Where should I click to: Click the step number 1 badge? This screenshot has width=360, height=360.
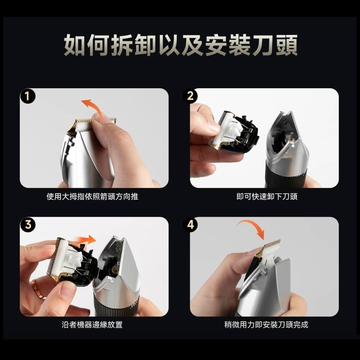[27, 96]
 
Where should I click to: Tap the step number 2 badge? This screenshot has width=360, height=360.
[190, 96]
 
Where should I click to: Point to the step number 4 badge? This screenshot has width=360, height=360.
[190, 225]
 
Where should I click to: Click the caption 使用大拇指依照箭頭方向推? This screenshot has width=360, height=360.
[92, 197]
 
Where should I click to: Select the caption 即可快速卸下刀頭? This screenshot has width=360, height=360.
[267, 197]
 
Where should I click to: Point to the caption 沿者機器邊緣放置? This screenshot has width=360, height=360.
[92, 325]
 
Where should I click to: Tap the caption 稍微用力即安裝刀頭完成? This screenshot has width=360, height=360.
[266, 325]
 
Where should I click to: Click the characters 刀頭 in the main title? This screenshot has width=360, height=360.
[275, 45]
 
